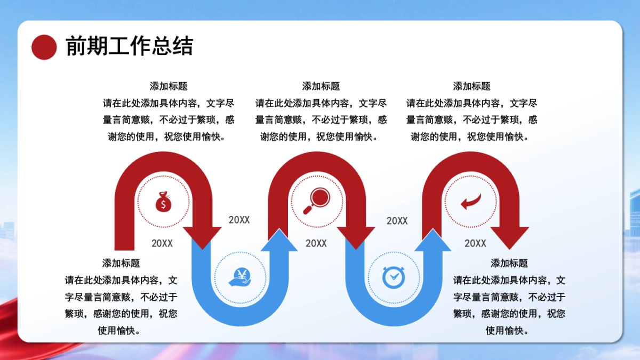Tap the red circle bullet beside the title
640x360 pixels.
(x=44, y=47)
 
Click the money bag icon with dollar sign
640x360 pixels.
(x=163, y=202)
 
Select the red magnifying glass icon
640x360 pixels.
(x=316, y=201)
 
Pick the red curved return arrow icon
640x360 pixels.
(x=470, y=201)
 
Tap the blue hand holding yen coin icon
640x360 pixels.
(x=240, y=277)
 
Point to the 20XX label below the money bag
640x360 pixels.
(x=162, y=243)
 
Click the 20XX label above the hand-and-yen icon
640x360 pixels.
(x=239, y=220)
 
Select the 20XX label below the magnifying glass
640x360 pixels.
(x=316, y=243)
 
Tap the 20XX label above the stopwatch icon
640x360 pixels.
(x=397, y=221)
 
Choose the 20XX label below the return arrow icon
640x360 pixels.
(x=475, y=243)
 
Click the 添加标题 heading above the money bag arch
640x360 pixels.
(x=169, y=86)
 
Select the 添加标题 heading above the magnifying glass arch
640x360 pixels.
(x=321, y=86)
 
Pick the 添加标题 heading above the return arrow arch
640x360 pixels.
(x=471, y=86)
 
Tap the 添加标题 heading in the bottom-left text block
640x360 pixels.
(x=121, y=263)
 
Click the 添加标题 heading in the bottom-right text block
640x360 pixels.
(x=509, y=263)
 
